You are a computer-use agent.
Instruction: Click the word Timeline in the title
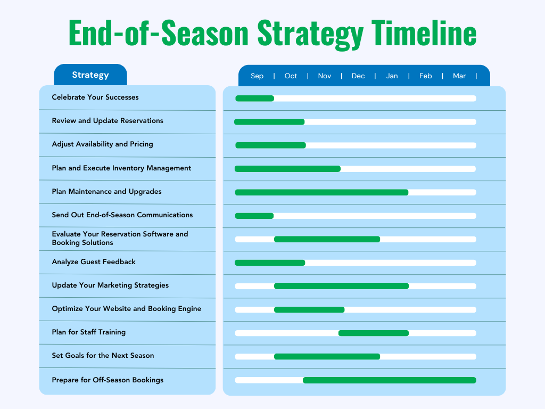424,33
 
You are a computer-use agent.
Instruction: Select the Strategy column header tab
90,75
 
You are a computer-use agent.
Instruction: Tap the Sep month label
257,76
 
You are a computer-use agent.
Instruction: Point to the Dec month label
358,76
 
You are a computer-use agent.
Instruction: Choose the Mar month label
459,76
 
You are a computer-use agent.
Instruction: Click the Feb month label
425,76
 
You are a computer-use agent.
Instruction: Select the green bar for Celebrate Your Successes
254,99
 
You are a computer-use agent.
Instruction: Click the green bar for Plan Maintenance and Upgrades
321,192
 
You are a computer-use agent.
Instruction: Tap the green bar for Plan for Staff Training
374,333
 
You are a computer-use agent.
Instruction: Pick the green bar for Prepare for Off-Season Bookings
389,380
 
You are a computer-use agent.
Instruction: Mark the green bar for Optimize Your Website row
309,310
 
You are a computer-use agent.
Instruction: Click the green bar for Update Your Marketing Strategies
341,286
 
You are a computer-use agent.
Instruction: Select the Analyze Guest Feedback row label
94,262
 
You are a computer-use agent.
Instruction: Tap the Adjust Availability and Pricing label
102,144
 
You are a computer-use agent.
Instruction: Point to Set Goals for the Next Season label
103,356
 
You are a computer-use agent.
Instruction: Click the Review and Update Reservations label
108,121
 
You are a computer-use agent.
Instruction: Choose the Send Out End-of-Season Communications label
122,215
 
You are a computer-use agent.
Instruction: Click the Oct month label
291,76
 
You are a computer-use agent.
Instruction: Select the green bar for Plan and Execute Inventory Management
287,169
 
